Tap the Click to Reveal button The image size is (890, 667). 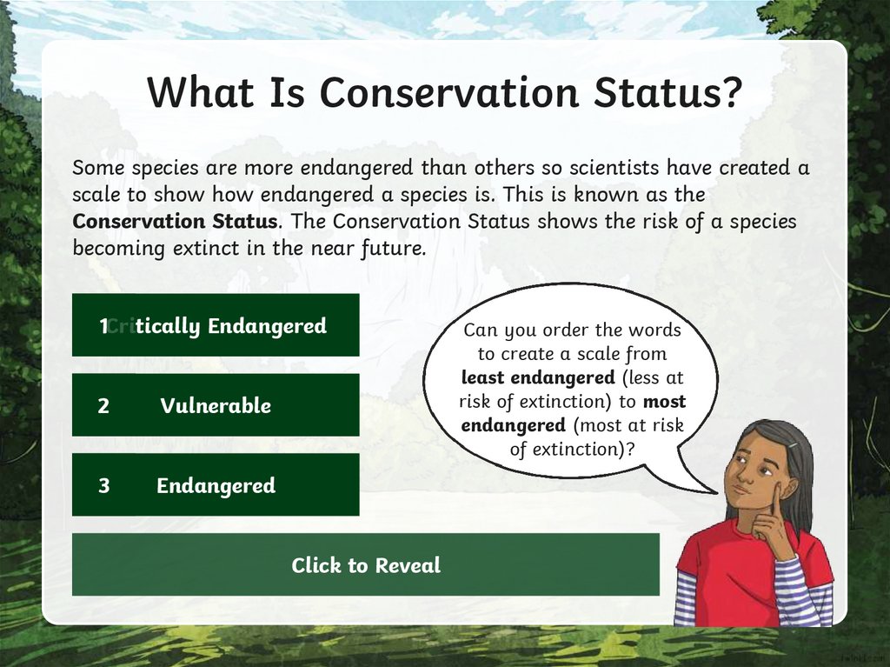(x=366, y=564)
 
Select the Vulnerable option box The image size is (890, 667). (x=216, y=405)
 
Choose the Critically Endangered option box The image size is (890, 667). (x=216, y=325)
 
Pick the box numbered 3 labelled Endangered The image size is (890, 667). (x=216, y=484)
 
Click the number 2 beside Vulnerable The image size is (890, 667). (x=103, y=406)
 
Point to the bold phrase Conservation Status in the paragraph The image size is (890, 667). (x=175, y=221)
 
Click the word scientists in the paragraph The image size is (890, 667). (x=614, y=168)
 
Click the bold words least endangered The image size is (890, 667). (x=538, y=377)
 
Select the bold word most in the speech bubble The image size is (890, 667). (x=665, y=402)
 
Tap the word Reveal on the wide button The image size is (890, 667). (x=408, y=565)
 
